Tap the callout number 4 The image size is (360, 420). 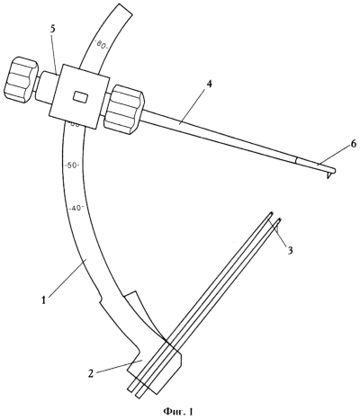point(209,85)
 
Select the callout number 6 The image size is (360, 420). point(353,145)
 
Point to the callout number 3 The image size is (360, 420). point(290,250)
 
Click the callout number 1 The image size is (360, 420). point(44,299)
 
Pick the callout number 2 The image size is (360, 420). point(92,373)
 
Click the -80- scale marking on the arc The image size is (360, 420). point(101,46)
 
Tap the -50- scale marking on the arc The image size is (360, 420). point(72,165)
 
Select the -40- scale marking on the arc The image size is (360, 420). point(76,209)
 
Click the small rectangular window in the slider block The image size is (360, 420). point(81,97)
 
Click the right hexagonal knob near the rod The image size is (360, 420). point(123,109)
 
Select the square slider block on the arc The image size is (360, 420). point(79,96)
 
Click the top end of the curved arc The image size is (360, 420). point(121,10)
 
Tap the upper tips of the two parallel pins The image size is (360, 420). point(276,218)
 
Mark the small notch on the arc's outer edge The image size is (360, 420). point(100,299)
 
